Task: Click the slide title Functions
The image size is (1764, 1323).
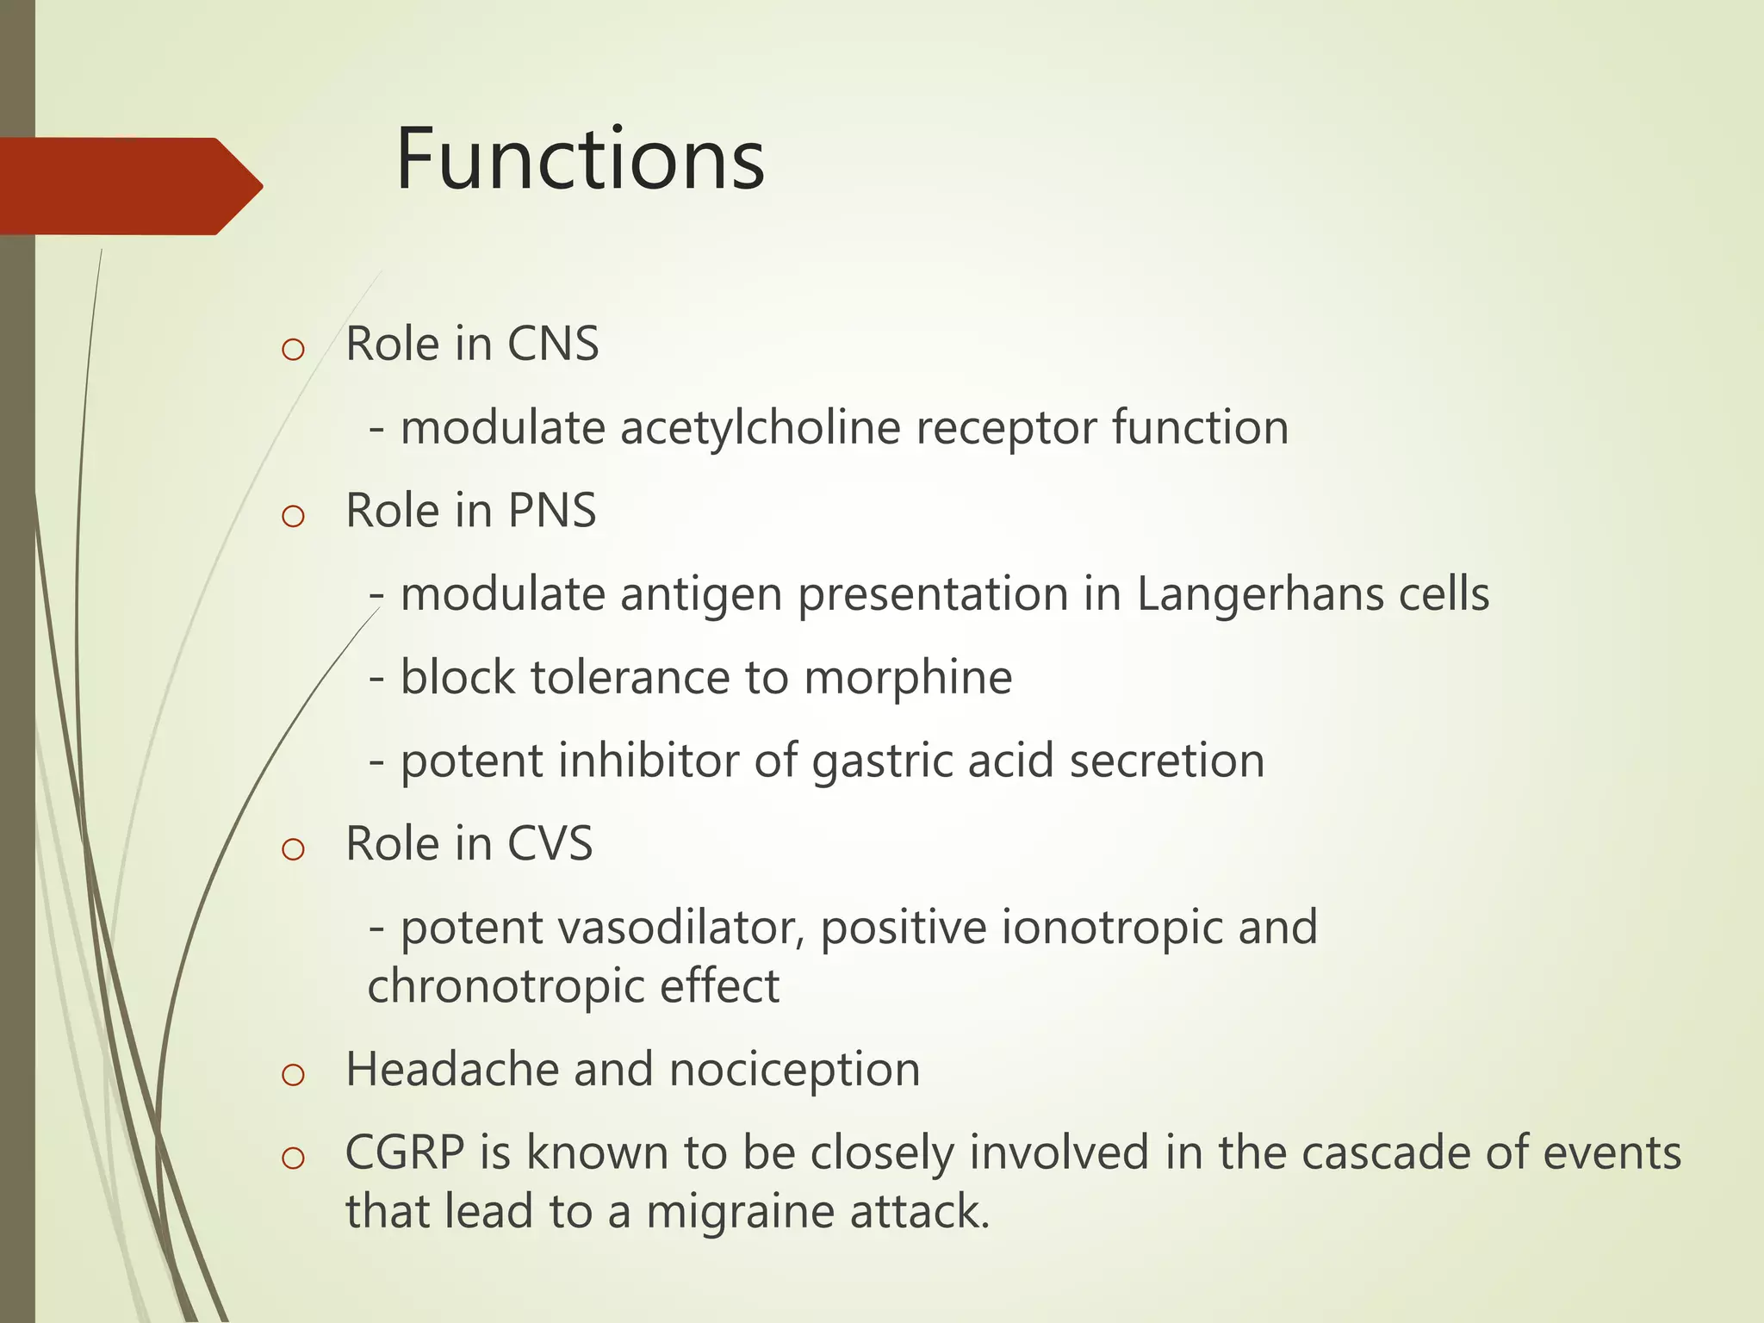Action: (x=580, y=159)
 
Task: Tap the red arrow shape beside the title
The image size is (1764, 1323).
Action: (x=129, y=186)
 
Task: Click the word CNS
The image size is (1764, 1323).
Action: (x=552, y=344)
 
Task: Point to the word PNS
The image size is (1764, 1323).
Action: (x=551, y=510)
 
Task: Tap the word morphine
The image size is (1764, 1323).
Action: (x=908, y=677)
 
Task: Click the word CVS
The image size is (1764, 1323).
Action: (x=550, y=843)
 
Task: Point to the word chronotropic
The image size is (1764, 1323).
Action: (x=505, y=986)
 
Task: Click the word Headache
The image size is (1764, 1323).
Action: (x=451, y=1070)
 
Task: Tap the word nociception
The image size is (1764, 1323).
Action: (x=794, y=1070)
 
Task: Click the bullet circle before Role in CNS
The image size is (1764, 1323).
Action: (x=293, y=350)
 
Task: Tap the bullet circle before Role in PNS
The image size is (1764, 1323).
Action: (x=293, y=516)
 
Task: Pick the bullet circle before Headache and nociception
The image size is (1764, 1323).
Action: (x=293, y=1075)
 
